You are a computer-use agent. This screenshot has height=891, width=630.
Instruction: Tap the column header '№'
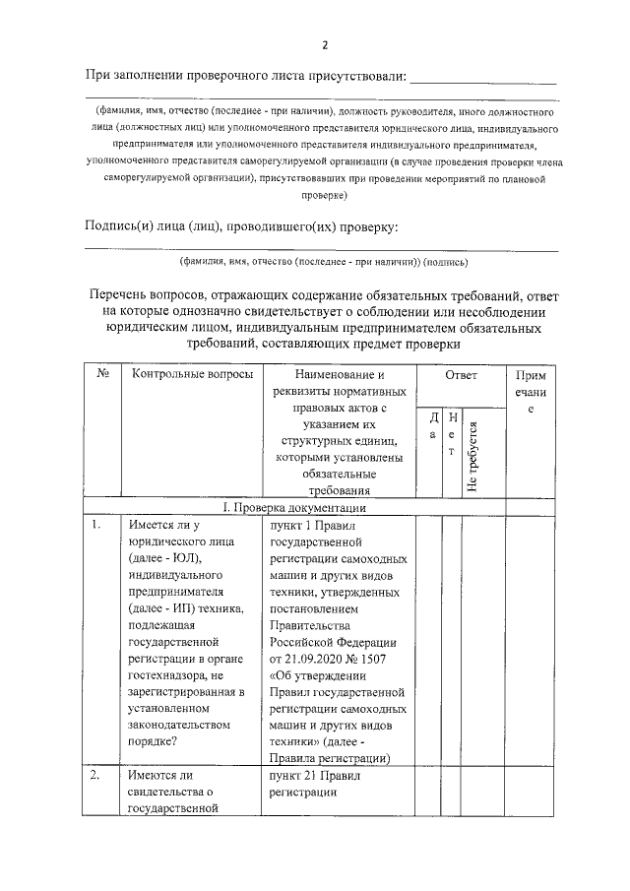[x=102, y=375]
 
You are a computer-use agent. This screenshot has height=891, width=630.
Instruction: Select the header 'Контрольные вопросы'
[x=185, y=375]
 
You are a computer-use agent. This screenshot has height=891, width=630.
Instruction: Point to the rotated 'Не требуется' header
[x=473, y=456]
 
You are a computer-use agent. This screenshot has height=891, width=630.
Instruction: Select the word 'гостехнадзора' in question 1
[x=167, y=675]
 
